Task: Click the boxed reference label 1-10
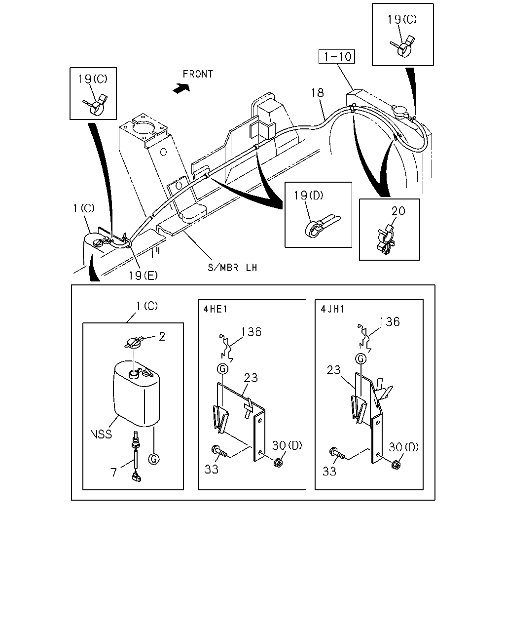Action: coord(336,56)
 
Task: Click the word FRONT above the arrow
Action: coord(198,74)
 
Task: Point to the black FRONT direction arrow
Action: coord(181,88)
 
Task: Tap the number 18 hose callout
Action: coord(317,93)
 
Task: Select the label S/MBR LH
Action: coord(232,268)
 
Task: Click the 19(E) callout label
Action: coord(143,276)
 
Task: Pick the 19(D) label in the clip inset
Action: coord(308,196)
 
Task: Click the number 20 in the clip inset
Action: coord(398,211)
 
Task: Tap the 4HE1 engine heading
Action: coord(215,309)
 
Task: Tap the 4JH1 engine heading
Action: coord(332,309)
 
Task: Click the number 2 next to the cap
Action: coord(162,337)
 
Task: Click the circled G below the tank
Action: coord(154,459)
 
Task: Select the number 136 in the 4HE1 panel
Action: coord(251,332)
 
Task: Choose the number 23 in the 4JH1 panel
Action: coord(334,370)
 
